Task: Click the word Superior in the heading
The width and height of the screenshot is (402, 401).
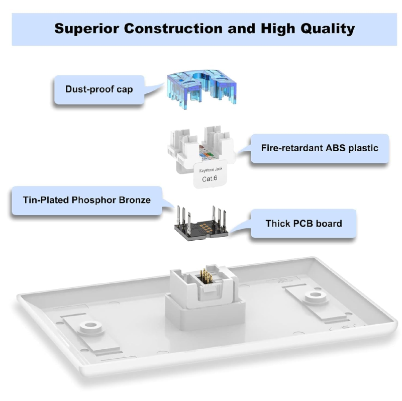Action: click(x=86, y=29)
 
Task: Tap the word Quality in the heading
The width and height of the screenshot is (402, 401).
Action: click(x=328, y=29)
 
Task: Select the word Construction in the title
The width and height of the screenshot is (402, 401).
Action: click(x=173, y=28)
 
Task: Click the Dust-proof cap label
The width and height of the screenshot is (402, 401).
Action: click(x=99, y=89)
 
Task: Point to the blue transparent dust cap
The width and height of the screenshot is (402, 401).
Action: click(x=202, y=88)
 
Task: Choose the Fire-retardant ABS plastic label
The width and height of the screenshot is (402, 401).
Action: click(x=320, y=148)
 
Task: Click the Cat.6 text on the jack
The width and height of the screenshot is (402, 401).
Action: click(x=210, y=178)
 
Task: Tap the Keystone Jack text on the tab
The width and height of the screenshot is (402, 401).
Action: click(x=211, y=170)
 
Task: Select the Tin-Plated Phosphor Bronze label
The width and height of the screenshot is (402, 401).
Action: click(x=87, y=200)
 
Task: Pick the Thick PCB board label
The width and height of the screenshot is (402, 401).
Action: click(x=304, y=224)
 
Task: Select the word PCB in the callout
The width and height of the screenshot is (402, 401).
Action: click(x=303, y=224)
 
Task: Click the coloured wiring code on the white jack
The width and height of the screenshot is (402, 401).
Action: click(x=207, y=153)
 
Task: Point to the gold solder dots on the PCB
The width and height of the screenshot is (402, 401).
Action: click(x=206, y=228)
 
